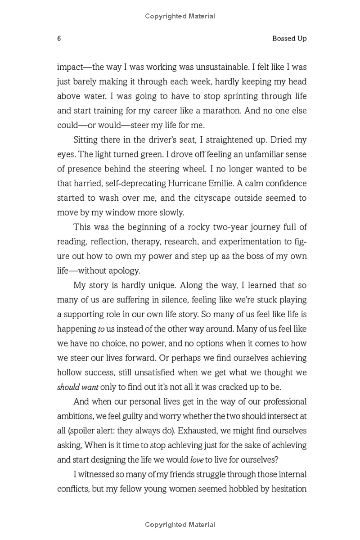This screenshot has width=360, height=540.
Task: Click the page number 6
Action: (x=59, y=39)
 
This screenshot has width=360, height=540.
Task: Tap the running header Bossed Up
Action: (x=289, y=39)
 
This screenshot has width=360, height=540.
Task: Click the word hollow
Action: (x=69, y=373)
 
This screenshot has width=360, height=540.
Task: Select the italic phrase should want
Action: (x=77, y=387)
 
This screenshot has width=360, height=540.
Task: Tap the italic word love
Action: (x=197, y=460)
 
